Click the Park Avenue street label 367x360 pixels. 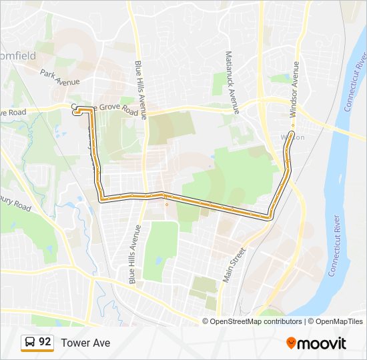click(59, 77)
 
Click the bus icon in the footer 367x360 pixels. click(29, 343)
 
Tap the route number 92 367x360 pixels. click(45, 342)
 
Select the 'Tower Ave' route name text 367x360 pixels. click(85, 343)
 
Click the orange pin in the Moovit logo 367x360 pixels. click(292, 343)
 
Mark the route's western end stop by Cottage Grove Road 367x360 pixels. click(75, 113)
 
